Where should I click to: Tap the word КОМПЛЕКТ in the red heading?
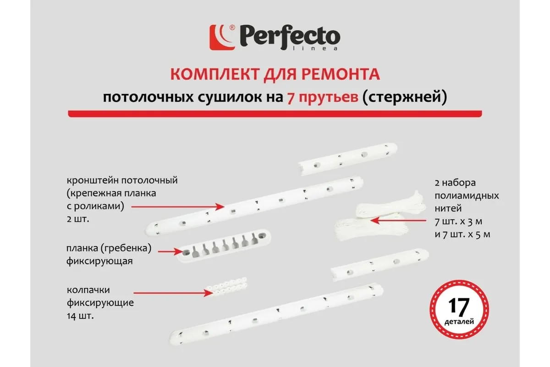[215, 74]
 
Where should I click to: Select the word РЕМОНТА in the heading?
[341, 74]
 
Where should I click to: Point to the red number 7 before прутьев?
[291, 98]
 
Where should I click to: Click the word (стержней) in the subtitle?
[404, 97]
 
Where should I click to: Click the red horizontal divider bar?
[275, 114]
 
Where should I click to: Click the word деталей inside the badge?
[459, 322]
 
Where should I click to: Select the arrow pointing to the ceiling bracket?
[178, 207]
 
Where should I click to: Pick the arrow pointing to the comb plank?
[171, 251]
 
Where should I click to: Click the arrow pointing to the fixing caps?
[173, 293]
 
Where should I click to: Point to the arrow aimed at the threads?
[398, 221]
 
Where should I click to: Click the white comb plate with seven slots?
[224, 245]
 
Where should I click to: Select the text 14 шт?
[80, 316]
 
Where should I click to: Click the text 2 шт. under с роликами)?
[78, 219]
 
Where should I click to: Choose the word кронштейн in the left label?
[93, 180]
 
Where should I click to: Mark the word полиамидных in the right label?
[467, 196]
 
